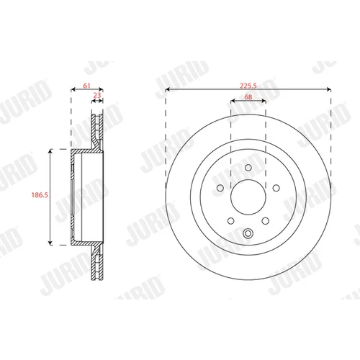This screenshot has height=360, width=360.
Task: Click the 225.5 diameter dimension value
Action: coord(248,86)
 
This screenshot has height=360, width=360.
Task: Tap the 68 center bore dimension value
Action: coord(248,96)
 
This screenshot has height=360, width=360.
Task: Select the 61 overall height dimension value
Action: coord(86,86)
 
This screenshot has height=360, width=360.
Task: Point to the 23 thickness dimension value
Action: coord(97,95)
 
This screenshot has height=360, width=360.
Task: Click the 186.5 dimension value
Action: coord(40,195)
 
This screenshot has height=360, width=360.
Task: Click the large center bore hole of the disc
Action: coord(248,197)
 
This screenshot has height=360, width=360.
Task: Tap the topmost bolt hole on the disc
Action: coord(248,168)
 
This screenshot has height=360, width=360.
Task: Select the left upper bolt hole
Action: coord(220,188)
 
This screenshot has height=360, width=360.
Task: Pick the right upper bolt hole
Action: coord(276,188)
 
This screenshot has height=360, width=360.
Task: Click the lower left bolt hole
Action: coord(231,221)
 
